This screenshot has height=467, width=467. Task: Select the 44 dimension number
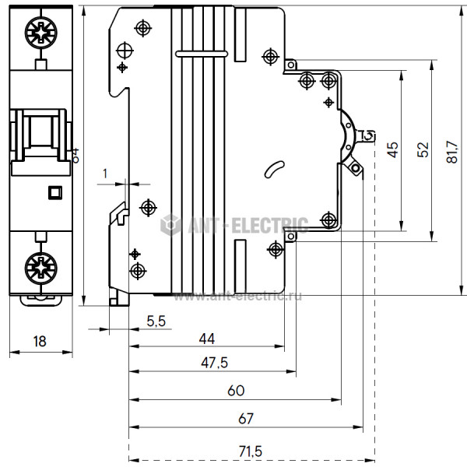click(x=206, y=339)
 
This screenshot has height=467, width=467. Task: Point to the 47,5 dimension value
click(x=213, y=363)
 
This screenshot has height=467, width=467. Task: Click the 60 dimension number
click(x=235, y=389)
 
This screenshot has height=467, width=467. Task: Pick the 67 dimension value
click(x=245, y=418)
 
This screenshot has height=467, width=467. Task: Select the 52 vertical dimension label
click(x=423, y=150)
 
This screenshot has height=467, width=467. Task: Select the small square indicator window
click(x=54, y=191)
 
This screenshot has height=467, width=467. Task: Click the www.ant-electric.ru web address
click(x=238, y=296)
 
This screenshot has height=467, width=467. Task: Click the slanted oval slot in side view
click(x=274, y=168)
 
